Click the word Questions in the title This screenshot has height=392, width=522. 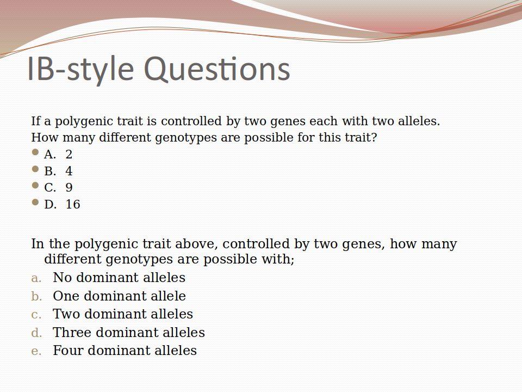tap(217, 69)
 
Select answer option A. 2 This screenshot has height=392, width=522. tap(58, 154)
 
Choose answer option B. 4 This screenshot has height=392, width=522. tap(58, 171)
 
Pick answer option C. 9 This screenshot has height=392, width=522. tap(58, 188)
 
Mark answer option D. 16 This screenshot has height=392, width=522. tap(62, 204)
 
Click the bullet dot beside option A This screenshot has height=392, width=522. tap(35, 152)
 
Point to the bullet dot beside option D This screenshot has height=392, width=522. tap(35, 202)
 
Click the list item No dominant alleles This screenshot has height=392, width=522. tap(119, 277)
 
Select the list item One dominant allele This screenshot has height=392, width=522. tap(119, 296)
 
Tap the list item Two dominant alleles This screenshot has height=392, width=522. tap(123, 314)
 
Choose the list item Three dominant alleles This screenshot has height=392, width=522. tap(129, 332)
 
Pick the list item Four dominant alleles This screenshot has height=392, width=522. tap(125, 350)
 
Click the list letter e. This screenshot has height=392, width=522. tap(36, 352)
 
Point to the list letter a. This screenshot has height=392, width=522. tap(36, 278)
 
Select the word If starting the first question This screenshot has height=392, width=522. tap(36, 121)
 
